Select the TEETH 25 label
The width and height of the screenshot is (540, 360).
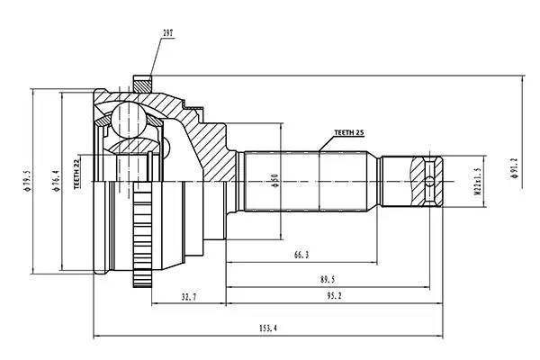tap(348, 132)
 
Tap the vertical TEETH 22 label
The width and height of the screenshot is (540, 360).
tap(77, 173)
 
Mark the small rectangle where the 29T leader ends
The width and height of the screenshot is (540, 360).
tap(142, 83)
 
